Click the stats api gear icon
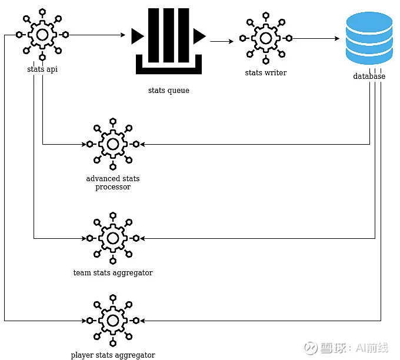click(42, 35)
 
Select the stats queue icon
click(169, 41)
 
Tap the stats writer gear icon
click(266, 38)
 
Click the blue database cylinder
click(369, 38)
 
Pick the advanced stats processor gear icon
click(113, 144)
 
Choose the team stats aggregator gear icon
click(113, 238)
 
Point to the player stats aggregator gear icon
click(113, 321)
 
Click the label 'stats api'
click(42, 69)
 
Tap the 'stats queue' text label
click(169, 91)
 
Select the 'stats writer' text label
click(266, 73)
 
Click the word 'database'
click(369, 76)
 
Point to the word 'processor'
click(113, 187)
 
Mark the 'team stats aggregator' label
click(113, 273)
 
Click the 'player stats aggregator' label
click(113, 355)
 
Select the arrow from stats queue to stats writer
click(222, 41)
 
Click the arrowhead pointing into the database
click(337, 38)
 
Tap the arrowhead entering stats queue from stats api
click(123, 35)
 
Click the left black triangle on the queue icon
click(137, 36)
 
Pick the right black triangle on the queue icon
click(199, 36)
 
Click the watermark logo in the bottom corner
click(311, 348)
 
